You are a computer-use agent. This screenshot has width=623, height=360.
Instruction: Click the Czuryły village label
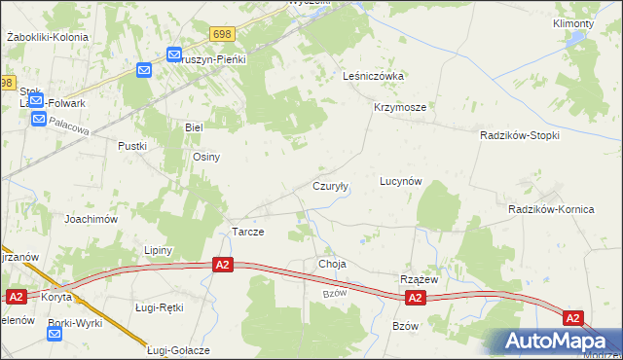[331, 186]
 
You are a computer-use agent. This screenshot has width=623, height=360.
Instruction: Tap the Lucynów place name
[400, 182]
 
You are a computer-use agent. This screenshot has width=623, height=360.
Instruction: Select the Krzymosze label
[399, 108]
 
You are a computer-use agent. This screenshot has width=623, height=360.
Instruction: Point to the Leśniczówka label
[373, 75]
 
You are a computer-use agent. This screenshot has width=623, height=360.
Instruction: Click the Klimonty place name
[572, 22]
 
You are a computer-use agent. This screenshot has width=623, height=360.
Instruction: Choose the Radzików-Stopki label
[520, 136]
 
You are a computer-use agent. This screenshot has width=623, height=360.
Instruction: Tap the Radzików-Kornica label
[549, 209]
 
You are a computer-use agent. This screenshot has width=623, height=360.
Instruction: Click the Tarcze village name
[248, 233]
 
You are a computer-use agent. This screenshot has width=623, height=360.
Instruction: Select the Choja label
[332, 264]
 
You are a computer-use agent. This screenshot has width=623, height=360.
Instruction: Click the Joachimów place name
[92, 219]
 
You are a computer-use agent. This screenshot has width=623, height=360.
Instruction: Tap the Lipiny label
[158, 250]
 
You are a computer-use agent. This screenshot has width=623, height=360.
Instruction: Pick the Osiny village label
[206, 157]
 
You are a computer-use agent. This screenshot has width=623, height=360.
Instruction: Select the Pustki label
[132, 146]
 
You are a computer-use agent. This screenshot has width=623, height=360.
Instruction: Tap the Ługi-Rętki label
[159, 307]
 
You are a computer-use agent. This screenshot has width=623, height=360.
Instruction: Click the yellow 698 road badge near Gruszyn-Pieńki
[221, 34]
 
